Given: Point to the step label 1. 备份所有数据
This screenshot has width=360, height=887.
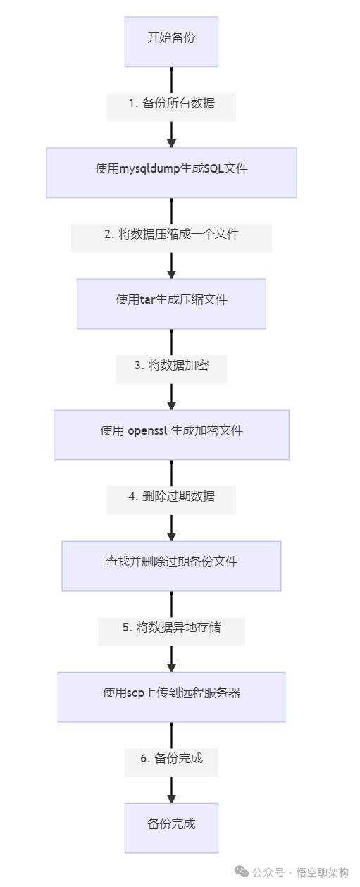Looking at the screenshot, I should (171, 103).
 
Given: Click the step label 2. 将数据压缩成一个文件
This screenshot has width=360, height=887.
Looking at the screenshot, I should (171, 234).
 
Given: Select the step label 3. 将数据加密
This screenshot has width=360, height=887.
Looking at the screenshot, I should (171, 365).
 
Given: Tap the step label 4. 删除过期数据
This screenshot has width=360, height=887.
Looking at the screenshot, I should (171, 496).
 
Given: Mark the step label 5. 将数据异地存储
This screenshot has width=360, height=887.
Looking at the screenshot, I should (171, 627).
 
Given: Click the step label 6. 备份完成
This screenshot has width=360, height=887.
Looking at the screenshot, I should (171, 758).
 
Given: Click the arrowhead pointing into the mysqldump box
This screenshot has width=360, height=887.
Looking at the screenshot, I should (171, 142).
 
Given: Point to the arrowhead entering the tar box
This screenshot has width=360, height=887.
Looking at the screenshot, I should (171, 273).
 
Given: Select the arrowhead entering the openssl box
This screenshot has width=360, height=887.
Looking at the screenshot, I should (171, 404).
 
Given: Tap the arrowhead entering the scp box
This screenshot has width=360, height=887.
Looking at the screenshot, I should (171, 666).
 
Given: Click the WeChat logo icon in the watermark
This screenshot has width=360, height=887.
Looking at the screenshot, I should (242, 872).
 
